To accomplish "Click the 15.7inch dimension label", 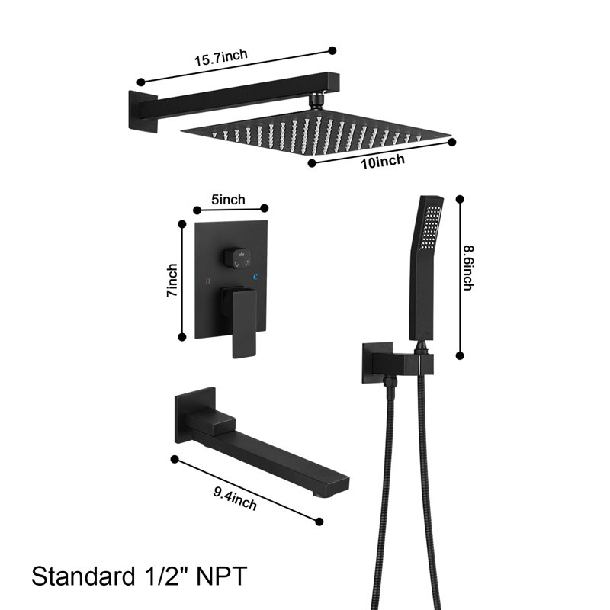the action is pyautogui.click(x=221, y=57).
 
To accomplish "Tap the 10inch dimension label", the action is pyautogui.click(x=383, y=161).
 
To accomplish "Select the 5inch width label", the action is pyautogui.click(x=228, y=200).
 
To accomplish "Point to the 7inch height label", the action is pyautogui.click(x=172, y=280).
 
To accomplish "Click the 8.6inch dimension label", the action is pyautogui.click(x=468, y=268).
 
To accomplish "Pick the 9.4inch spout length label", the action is pyautogui.click(x=235, y=499).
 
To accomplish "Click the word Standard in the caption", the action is pyautogui.click(x=83, y=576).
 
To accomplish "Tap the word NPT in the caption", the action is pyautogui.click(x=221, y=576).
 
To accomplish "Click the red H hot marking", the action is pyautogui.click(x=207, y=281).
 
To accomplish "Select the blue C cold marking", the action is pyautogui.click(x=255, y=277).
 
